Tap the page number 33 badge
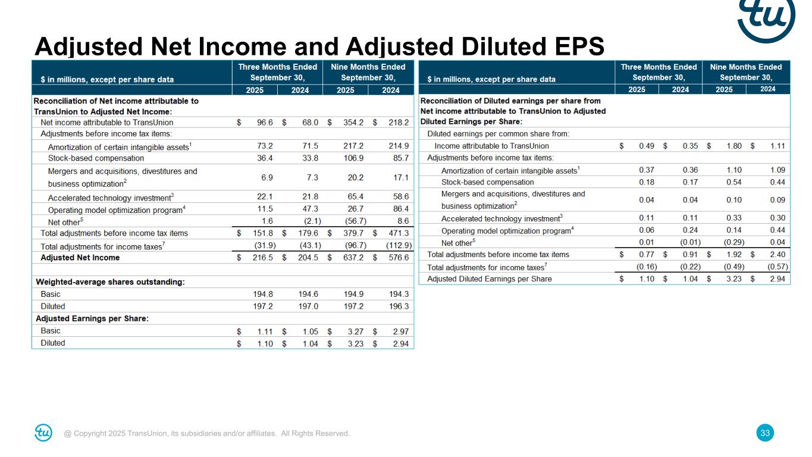point(766,433)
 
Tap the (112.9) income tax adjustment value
point(397,246)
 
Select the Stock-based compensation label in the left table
point(96,158)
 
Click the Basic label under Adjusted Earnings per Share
point(51,331)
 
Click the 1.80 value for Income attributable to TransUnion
point(729,146)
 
